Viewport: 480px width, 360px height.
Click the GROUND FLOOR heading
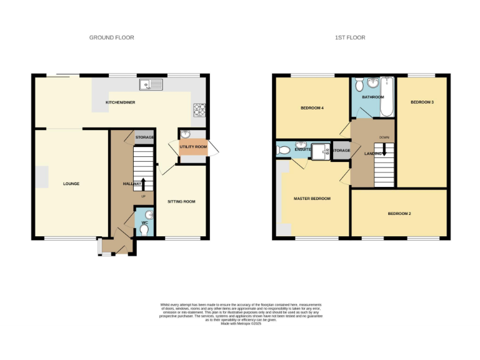pos(111,37)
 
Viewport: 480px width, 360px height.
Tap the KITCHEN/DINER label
pos(120,102)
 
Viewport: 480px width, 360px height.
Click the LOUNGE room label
pos(71,184)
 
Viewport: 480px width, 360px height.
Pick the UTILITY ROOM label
pos(192,147)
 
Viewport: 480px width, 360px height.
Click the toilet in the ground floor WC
pos(146,229)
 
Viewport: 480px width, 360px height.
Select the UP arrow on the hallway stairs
pos(143,183)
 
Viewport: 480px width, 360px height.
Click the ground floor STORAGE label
pos(145,137)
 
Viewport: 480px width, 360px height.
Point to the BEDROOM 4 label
pos(312,108)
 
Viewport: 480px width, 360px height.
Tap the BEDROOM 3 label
pos(422,102)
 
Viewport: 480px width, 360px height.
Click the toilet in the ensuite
pos(283,150)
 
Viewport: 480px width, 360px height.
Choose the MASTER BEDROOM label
pos(312,199)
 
